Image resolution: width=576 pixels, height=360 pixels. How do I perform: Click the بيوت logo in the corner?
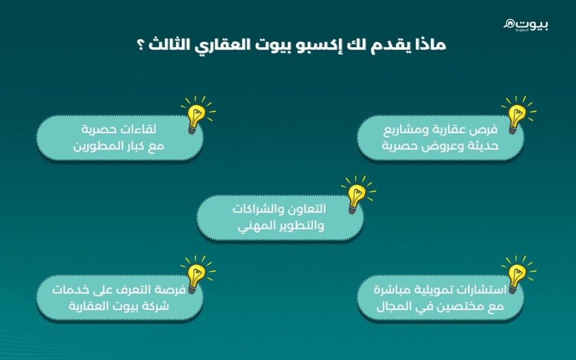(x=526, y=24)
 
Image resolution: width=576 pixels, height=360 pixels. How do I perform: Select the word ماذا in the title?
(x=429, y=46)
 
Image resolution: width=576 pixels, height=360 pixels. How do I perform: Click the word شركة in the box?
(x=152, y=306)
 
